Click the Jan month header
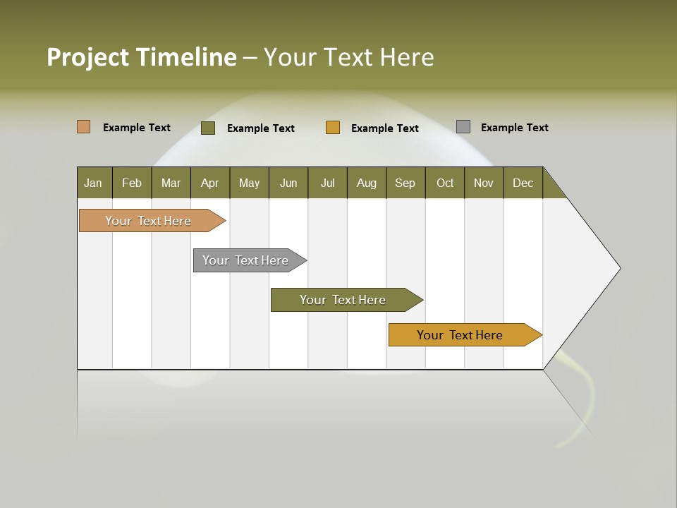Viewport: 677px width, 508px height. coord(94,183)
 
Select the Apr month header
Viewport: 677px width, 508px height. coord(210,183)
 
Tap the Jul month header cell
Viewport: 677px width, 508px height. coord(327,183)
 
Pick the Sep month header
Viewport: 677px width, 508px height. coord(405,183)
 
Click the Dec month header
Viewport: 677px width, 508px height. coord(523,183)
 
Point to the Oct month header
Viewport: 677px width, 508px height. coord(445,183)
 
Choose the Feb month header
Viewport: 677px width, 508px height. coord(132,183)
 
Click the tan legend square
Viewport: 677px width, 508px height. coord(83,127)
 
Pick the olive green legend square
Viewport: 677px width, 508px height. coord(208,128)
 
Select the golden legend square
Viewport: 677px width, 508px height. coord(333,128)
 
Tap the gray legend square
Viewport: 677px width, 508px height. coord(463,127)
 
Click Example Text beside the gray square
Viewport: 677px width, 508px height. coord(514,128)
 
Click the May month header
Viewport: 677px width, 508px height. coord(249,183)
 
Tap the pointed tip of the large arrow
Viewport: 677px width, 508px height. coord(618,268)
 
